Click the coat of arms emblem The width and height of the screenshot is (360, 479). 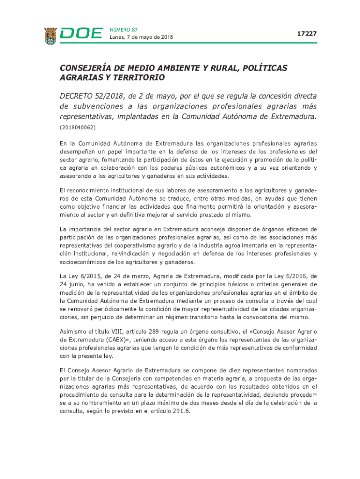(x=50, y=36)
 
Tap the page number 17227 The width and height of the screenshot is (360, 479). (x=307, y=34)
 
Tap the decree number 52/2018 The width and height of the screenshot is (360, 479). (x=111, y=96)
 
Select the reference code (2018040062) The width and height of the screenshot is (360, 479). (x=77, y=127)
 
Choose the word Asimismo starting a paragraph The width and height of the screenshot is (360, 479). (x=73, y=332)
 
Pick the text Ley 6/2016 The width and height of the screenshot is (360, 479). (x=293, y=276)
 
